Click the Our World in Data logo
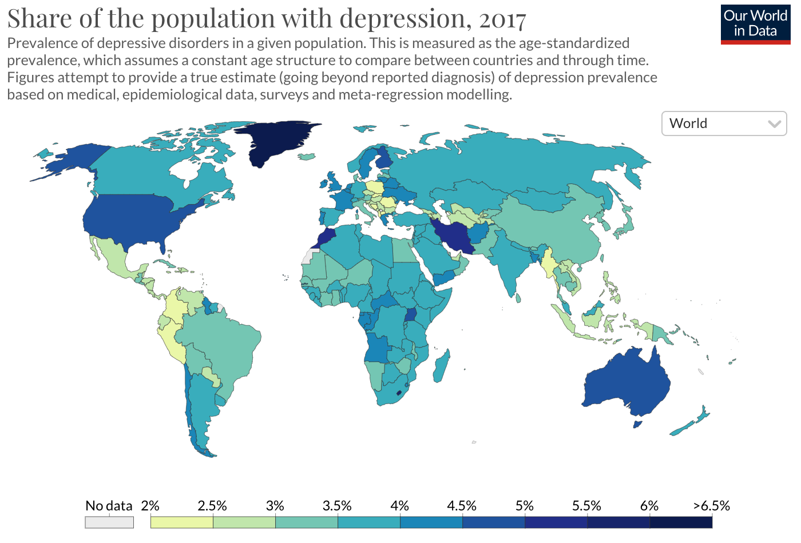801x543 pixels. [x=755, y=23]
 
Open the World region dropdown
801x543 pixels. [x=724, y=123]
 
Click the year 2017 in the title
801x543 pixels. [x=502, y=19]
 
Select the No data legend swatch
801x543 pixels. [x=109, y=522]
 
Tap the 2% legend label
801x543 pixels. [x=150, y=506]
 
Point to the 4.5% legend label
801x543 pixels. [x=461, y=506]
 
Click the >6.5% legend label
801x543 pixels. [x=711, y=506]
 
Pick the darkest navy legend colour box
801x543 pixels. [x=681, y=522]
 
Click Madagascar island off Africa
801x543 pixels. [x=441, y=366]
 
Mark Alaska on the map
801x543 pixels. [x=72, y=160]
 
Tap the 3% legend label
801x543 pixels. [x=275, y=506]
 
